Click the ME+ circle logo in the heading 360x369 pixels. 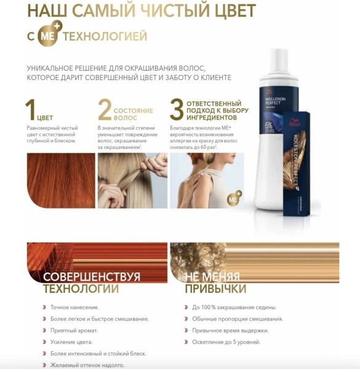pyautogui.click(x=47, y=36)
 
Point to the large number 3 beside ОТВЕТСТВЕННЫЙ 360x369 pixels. pyautogui.click(x=177, y=109)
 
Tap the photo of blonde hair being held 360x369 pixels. pyautogui.click(x=132, y=181)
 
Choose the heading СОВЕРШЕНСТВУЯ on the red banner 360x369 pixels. pyautogui.click(x=92, y=276)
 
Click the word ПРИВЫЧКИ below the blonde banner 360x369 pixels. pyautogui.click(x=215, y=289)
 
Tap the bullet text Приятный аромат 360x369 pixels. pyautogui.click(x=79, y=330)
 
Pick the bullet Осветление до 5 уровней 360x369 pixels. pyautogui.click(x=226, y=342)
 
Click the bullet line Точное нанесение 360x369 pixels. pyautogui.click(x=79, y=307)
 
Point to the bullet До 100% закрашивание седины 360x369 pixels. pyautogui.click(x=234, y=307)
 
